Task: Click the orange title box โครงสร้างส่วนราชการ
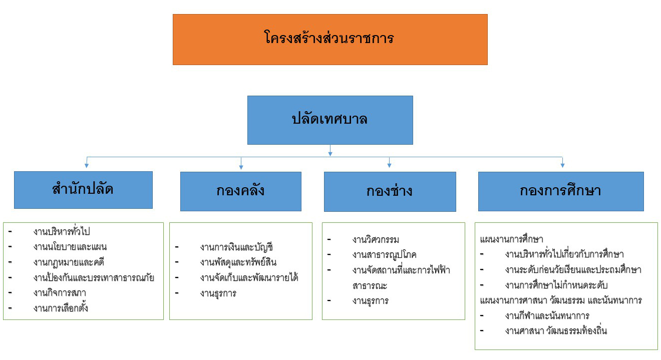330,40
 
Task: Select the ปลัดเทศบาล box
330,120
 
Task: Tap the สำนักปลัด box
83,190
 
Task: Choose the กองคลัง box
241,191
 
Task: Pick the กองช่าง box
390,192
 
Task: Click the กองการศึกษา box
561,191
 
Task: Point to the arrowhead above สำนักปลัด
87,166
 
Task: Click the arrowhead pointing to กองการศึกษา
562,166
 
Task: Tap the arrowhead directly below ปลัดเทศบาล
330,154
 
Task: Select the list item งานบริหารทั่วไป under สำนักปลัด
62,231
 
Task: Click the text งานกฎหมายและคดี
69,262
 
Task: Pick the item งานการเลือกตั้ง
61,308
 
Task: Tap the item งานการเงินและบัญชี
236,247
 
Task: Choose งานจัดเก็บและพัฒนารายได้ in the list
249,278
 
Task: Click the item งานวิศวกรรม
376,239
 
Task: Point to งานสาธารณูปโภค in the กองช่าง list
384,255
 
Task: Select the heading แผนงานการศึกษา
511,239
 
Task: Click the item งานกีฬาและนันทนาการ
547,316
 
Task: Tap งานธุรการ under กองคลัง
218,293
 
